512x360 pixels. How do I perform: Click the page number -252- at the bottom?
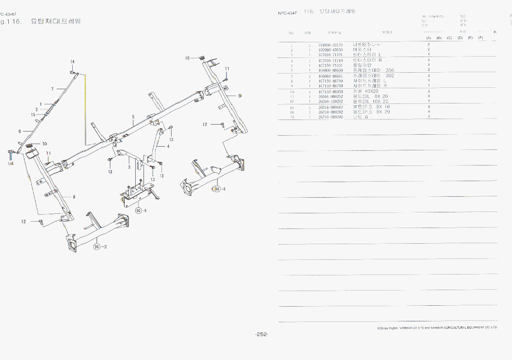261,334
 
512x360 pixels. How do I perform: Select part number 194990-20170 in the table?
330,45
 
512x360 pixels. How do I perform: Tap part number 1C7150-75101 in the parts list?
330,65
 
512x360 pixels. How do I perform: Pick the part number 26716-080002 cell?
330,117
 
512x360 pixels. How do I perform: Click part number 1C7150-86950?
330,91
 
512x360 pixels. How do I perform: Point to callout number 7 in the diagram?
52,89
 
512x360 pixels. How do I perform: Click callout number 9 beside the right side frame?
240,96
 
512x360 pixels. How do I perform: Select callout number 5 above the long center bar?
133,117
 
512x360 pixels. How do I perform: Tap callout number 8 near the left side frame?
74,197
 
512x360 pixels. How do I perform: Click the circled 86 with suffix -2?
97,247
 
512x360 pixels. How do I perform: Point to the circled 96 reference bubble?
138,211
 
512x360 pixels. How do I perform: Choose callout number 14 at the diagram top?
72,62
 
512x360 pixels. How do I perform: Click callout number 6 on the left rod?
20,131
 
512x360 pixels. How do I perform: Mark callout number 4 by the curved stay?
168,147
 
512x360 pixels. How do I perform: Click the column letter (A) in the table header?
428,38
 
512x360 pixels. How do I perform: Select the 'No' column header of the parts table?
291,33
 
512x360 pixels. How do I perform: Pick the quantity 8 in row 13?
429,107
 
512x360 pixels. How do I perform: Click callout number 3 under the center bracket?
130,168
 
